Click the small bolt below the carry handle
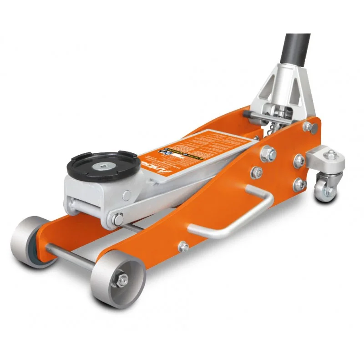(183, 247)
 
